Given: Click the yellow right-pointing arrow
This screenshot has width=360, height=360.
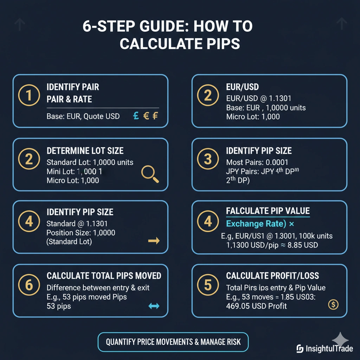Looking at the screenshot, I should pos(154,241).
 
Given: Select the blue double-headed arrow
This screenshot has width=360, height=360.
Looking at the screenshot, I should pos(154,306).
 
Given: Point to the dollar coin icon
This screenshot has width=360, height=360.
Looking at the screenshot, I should pos(333,304).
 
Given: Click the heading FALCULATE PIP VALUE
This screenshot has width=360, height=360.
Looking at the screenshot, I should pos(268,211).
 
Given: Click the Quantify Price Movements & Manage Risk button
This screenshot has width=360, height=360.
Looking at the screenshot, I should pos(173,342).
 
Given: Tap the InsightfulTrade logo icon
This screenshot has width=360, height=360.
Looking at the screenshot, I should pos(300,349).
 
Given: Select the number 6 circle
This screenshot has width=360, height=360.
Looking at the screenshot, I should pos(28,285).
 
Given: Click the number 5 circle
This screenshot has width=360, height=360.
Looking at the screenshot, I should pos(208,285).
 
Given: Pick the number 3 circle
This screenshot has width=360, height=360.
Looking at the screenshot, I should pos(208,159).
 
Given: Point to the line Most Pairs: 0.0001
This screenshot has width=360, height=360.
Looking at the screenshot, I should pos(257,162).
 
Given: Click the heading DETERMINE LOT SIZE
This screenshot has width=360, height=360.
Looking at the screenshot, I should pos(85,151).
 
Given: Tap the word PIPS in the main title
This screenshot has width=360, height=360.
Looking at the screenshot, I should pos(218,44).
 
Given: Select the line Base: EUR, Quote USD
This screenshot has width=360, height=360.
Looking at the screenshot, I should pos(83,116).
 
